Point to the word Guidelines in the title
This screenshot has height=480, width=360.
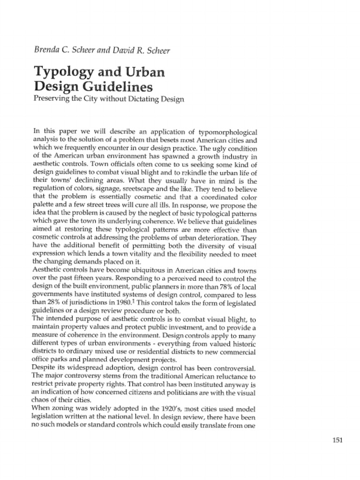(x=115, y=87)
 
